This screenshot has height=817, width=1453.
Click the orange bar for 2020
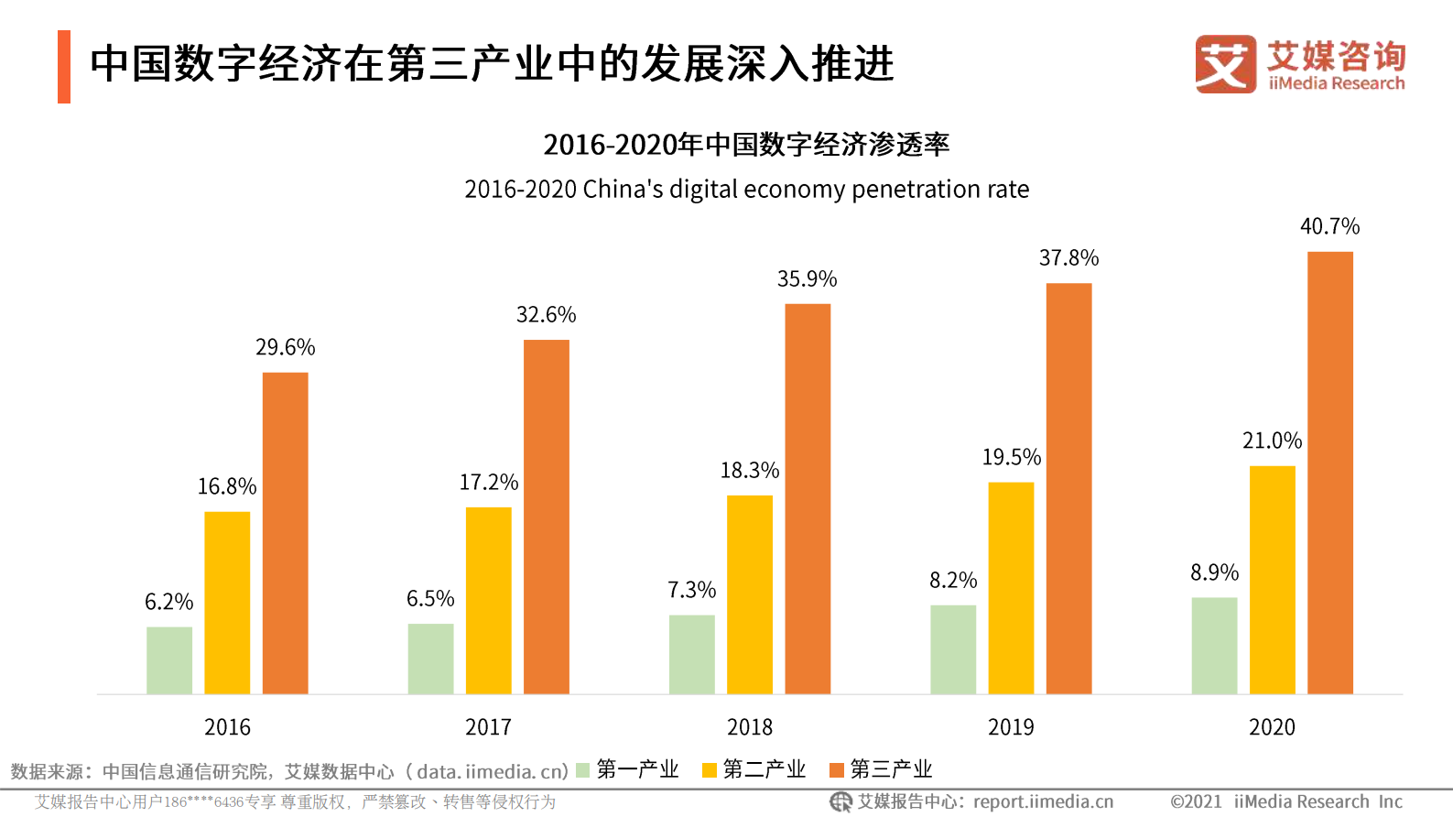[1329, 473]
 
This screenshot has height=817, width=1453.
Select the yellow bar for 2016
[227, 603]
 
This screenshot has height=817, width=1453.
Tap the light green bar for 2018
[691, 654]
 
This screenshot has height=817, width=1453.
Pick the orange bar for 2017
[546, 517]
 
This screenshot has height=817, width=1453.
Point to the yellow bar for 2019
[1011, 588]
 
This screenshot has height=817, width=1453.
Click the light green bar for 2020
[1214, 646]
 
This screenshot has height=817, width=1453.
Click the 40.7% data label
[1329, 226]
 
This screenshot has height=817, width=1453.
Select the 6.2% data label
[169, 602]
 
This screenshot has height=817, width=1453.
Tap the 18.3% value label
[749, 471]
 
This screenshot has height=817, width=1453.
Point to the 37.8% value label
[1068, 258]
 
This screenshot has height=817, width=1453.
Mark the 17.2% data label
[488, 483]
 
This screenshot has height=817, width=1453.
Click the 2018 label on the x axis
[749, 727]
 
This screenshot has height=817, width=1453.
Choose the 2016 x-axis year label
[227, 727]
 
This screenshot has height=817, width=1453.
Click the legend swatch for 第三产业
[836, 770]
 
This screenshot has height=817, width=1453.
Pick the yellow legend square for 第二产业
[710, 770]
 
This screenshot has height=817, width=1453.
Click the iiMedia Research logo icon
[1225, 64]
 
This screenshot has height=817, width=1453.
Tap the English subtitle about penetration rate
[746, 190]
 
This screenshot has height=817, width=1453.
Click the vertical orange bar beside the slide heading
[64, 67]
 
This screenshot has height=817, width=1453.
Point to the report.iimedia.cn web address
[1043, 802]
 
